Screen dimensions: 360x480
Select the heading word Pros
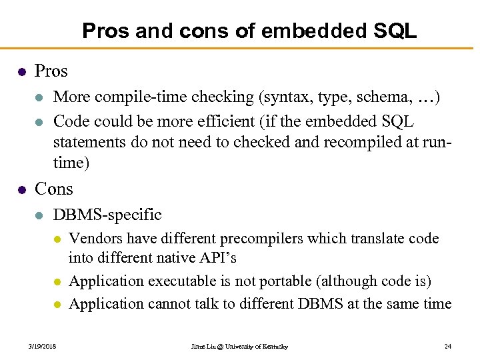tap(51, 71)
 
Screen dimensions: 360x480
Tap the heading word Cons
tap(53, 189)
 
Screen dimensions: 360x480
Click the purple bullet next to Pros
tap(21, 71)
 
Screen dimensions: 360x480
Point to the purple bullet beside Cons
tap(21, 189)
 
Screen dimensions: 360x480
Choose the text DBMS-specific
tap(107, 215)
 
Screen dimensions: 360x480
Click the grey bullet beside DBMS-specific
tap(39, 215)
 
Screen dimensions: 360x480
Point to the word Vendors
tap(93, 239)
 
